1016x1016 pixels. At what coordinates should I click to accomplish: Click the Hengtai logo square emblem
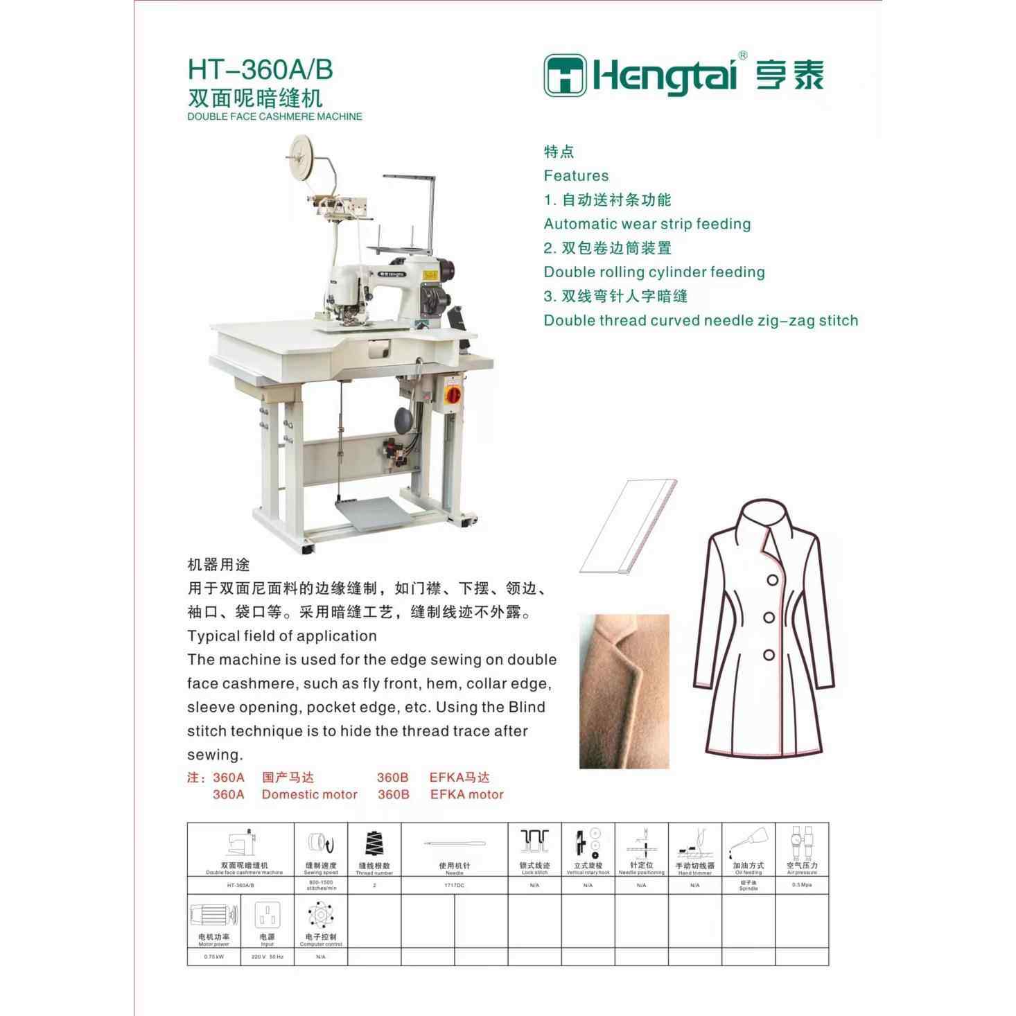point(566,74)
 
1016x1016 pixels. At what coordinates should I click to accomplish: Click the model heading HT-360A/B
point(260,70)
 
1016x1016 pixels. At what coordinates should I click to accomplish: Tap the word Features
point(576,175)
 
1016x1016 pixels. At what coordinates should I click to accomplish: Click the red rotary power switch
point(453,391)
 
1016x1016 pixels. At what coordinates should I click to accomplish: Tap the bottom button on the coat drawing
point(768,654)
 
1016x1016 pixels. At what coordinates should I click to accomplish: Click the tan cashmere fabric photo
point(624,691)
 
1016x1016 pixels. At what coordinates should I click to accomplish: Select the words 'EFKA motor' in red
point(466,794)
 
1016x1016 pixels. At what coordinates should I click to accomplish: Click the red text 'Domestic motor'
point(309,794)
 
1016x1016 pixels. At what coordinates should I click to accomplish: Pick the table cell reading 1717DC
point(455,885)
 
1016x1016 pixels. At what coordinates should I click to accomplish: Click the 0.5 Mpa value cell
point(802,885)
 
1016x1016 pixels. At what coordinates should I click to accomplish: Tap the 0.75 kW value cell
point(214,956)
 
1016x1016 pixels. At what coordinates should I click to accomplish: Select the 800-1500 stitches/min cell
point(321,885)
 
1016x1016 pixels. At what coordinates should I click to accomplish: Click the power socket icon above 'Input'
point(268,916)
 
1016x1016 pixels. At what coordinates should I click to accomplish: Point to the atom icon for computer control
point(321,916)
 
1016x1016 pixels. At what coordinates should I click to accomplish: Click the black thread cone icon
point(374,843)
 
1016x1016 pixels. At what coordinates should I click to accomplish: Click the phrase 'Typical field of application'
point(282,636)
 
